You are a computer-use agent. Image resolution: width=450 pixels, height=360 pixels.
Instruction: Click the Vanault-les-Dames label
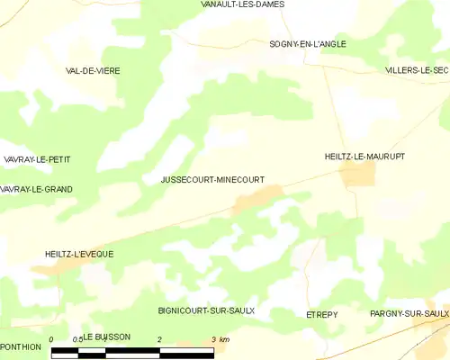coord(243,4)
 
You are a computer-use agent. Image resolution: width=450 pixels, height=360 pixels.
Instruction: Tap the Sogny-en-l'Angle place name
coord(308,43)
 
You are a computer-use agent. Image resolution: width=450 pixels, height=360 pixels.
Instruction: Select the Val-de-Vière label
coord(93,70)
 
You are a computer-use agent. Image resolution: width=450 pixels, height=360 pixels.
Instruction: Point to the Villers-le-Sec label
coord(416,70)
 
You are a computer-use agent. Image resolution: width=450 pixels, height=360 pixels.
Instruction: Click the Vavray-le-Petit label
coord(36,159)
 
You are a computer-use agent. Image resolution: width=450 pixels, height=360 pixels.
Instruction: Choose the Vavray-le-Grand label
coord(36,189)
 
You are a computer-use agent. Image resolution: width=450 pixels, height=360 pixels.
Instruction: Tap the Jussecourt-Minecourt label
coord(212,180)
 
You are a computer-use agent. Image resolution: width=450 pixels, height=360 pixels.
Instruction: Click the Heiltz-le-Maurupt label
coord(364,157)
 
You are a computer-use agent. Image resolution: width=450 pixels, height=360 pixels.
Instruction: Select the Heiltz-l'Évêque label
coord(79,255)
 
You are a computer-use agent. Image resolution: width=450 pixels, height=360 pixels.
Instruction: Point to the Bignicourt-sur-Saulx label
coord(206,310)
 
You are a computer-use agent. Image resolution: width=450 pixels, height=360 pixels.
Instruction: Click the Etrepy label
coord(321,316)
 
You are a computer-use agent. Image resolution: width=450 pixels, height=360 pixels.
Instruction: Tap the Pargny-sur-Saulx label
coord(409,313)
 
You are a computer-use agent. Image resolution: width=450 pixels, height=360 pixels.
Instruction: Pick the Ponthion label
coord(21,346)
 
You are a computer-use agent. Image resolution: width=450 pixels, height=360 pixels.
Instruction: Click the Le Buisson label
coord(107,337)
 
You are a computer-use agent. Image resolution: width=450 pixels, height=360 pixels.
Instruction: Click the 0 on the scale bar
coord(52,339)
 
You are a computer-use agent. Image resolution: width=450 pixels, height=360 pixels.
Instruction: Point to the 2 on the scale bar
coord(159,339)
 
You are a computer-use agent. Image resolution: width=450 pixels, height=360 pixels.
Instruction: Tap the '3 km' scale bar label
coord(219,339)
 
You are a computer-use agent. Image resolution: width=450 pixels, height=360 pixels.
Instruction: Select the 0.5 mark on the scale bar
coord(78,339)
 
